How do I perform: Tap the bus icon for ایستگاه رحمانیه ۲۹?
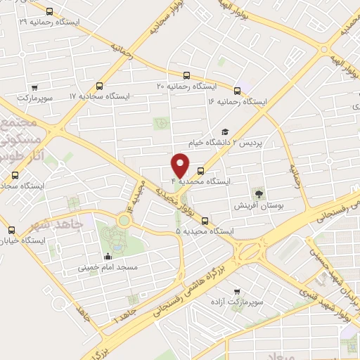pyautogui.click(x=49, y=11)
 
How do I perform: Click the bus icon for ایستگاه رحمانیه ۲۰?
pyautogui.click(x=186, y=75)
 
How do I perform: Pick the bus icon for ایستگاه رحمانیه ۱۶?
pyautogui.click(x=237, y=91)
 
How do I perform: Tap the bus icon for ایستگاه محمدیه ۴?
pyautogui.click(x=202, y=170)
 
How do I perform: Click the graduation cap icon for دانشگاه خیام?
pyautogui.click(x=225, y=131)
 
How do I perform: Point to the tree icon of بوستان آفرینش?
pyautogui.click(x=260, y=193)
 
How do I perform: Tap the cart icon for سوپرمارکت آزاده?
pyautogui.click(x=236, y=290)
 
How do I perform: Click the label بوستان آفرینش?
pyautogui.click(x=260, y=206)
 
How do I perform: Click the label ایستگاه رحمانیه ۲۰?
pyautogui.click(x=186, y=86)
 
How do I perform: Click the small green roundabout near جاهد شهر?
pyautogui.click(x=124, y=221)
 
